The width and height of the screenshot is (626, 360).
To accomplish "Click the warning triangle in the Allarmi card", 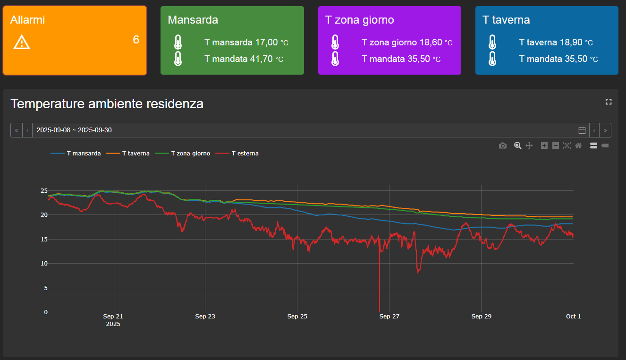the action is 22,42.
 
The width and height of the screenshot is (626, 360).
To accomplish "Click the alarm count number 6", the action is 136,40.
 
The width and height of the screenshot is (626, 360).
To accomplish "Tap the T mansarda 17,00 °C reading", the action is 246,42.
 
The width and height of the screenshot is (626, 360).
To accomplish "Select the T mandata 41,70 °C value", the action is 244,59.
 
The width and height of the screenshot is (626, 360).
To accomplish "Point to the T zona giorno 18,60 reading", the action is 402,42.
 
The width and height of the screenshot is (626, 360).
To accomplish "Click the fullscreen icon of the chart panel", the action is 609,102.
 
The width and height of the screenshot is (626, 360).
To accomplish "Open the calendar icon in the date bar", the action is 582,130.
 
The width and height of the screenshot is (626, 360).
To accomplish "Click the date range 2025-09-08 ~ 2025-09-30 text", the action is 74,130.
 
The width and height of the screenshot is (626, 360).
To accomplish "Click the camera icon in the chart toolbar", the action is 502,146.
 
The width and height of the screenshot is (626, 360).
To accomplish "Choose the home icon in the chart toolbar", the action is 578,146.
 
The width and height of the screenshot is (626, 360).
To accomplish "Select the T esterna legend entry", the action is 237,153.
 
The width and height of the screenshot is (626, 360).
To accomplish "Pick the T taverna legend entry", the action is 128,153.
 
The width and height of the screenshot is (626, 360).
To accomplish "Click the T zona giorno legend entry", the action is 183,153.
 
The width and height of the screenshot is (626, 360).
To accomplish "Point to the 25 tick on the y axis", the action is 44,191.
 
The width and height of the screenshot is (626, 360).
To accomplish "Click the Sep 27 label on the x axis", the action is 389,317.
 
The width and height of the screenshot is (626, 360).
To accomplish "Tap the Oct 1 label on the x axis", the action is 574,317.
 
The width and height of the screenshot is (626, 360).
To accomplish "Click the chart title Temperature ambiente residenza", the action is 107,104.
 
